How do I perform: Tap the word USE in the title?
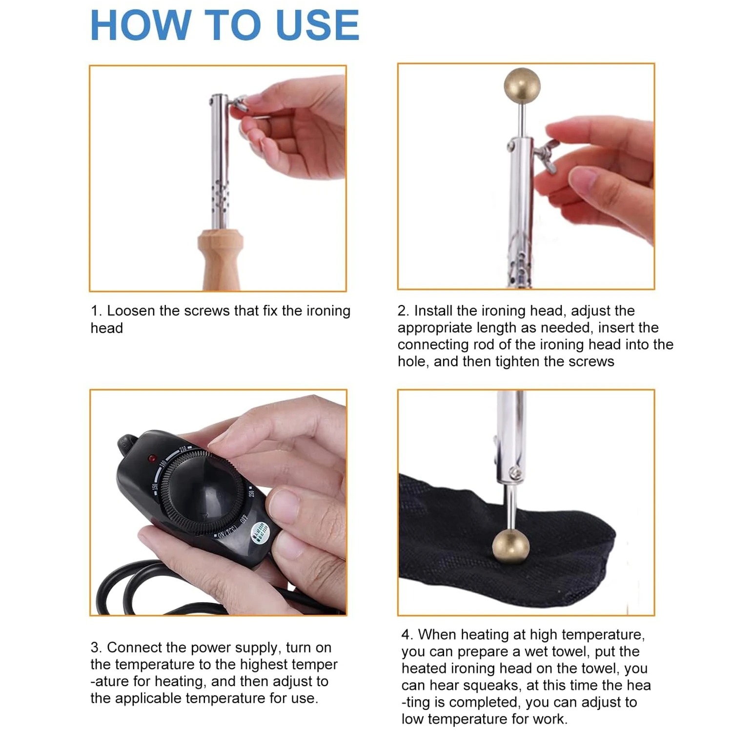(x=318, y=25)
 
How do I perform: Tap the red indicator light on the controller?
(x=152, y=459)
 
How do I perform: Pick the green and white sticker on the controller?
(x=259, y=532)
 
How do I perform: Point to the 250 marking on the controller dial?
(x=252, y=491)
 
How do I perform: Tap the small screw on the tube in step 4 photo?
(x=514, y=472)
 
